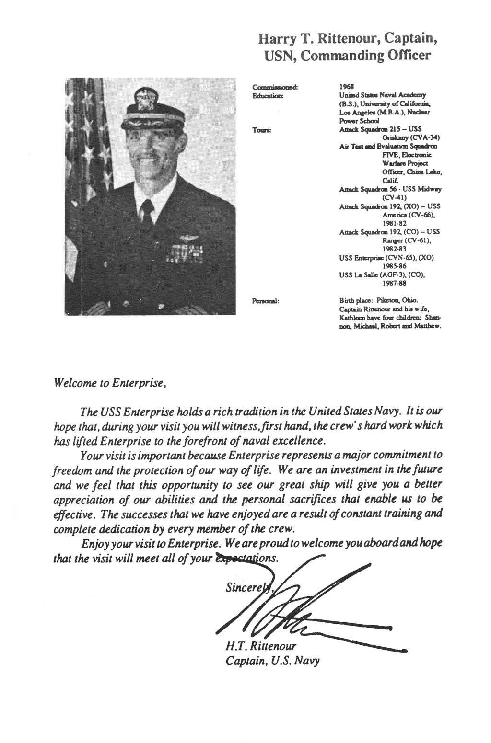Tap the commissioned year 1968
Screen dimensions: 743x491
coord(346,87)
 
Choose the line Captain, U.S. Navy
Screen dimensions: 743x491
coord(272,661)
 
